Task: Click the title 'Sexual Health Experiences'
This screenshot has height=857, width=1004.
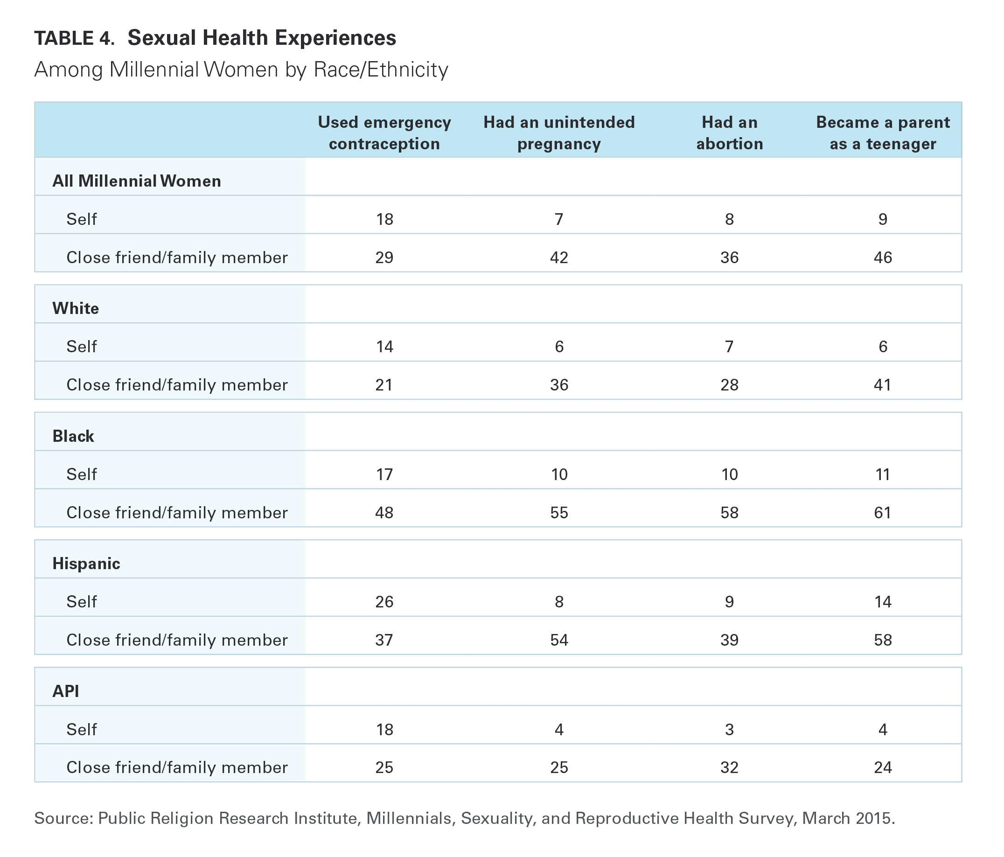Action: click(x=262, y=38)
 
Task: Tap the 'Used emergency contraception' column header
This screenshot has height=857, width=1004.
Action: click(x=384, y=133)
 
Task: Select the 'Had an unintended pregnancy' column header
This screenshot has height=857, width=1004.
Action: click(x=559, y=133)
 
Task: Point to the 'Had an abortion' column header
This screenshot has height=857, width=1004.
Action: click(x=729, y=133)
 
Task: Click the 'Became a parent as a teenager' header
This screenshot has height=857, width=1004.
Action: click(x=883, y=133)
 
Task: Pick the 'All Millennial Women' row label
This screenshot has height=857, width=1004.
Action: click(x=137, y=181)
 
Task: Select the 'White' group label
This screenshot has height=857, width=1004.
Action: click(x=76, y=308)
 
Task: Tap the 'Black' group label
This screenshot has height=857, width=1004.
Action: click(x=73, y=436)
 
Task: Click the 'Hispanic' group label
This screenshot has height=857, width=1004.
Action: click(x=86, y=564)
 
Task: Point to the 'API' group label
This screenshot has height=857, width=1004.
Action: click(x=65, y=691)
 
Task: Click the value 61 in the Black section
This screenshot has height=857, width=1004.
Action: click(x=883, y=513)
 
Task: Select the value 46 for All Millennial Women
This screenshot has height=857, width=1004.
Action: click(x=883, y=257)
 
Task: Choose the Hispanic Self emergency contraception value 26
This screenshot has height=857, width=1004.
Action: click(x=384, y=602)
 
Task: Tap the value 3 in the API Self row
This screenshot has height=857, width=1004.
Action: click(x=729, y=729)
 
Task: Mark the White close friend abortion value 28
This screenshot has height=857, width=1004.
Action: click(x=729, y=385)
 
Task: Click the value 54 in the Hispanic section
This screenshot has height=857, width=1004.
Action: click(x=559, y=640)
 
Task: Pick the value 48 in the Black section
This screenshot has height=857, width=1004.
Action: click(x=384, y=513)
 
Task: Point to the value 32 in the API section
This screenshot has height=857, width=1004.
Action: click(x=729, y=767)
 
